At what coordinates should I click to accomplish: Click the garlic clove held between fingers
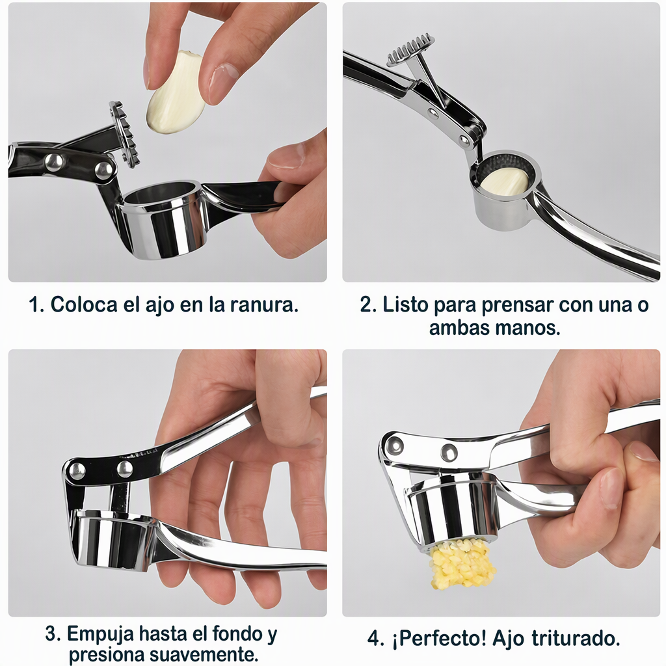[x=175, y=92]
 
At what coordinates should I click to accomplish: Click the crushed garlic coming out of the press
[x=462, y=564]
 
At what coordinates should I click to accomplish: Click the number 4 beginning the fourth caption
[x=374, y=639]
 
